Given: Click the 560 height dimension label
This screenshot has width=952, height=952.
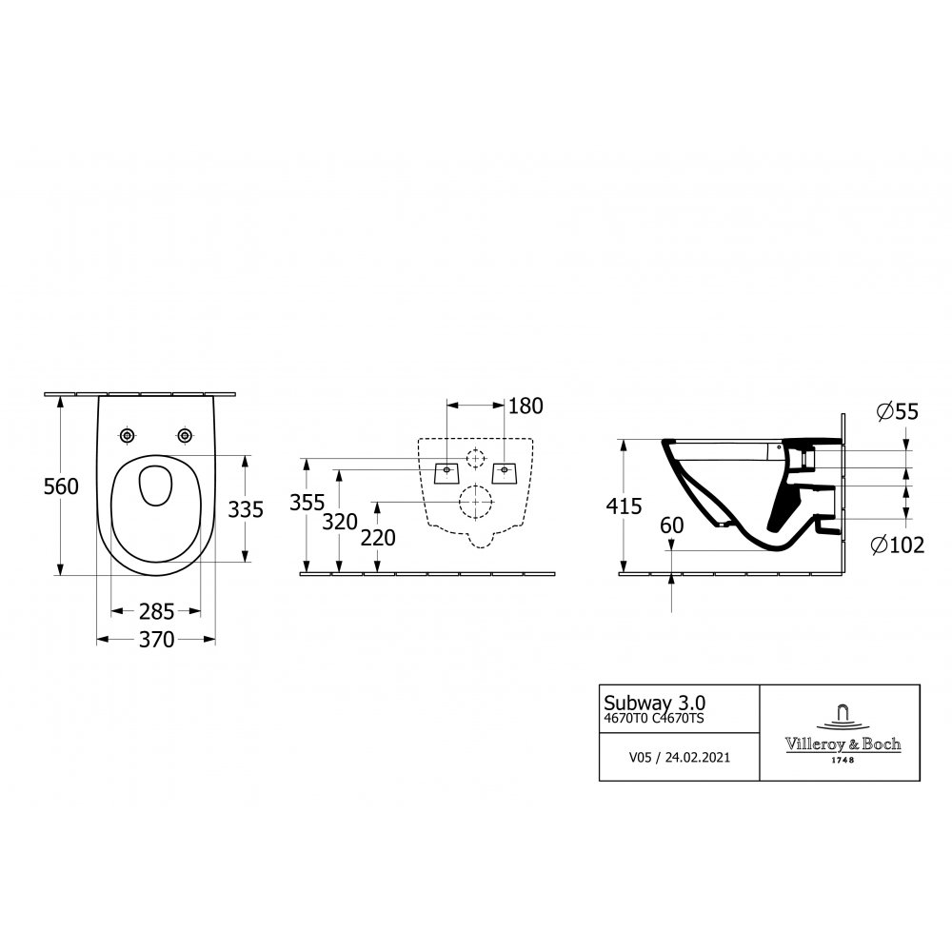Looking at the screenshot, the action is click(x=61, y=486).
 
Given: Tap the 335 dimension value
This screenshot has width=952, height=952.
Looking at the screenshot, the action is click(x=246, y=509).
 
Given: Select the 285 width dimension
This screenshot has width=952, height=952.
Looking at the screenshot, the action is click(x=157, y=611).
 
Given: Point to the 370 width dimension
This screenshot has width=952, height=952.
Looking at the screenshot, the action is click(x=157, y=640).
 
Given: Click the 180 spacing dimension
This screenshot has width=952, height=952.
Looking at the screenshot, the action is click(x=526, y=407).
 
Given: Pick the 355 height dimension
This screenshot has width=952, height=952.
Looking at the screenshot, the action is click(x=307, y=503).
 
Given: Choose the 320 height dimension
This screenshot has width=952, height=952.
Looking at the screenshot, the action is click(x=340, y=522).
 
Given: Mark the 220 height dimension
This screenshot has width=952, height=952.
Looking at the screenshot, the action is click(x=378, y=538).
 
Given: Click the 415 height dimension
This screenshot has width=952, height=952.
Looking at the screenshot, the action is click(x=625, y=506).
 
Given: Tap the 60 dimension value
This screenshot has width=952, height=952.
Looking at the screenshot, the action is click(x=671, y=526).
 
